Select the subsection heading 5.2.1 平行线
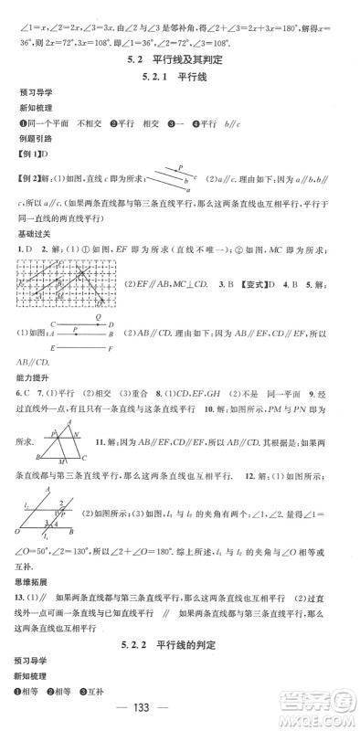coord(180,76)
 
